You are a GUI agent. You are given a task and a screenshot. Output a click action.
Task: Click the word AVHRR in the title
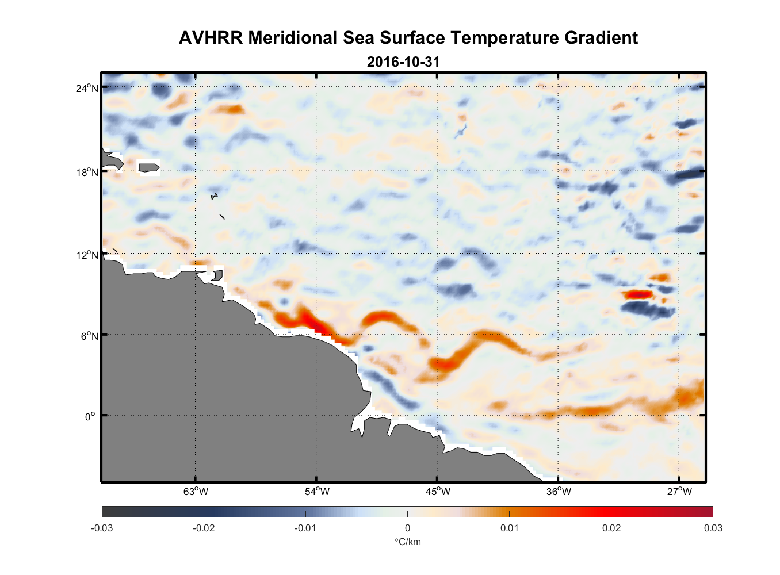[211, 38]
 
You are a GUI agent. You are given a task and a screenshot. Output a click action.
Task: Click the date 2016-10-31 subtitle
[403, 62]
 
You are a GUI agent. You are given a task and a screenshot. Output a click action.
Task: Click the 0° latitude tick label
[90, 417]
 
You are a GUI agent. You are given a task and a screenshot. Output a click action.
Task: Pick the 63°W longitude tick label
[196, 492]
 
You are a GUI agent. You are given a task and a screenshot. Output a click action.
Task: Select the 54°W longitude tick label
[317, 492]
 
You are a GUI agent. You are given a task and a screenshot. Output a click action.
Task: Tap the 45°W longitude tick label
[438, 492]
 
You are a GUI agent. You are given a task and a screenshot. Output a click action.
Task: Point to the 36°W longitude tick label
[559, 492]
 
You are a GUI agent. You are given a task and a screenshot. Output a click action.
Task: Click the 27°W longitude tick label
[679, 492]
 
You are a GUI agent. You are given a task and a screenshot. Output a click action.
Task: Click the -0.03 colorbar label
[102, 528]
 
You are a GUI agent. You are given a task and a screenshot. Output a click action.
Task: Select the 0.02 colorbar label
[611, 528]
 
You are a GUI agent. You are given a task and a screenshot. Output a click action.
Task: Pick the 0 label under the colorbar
[407, 528]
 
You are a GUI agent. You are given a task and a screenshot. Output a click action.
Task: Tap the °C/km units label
[407, 542]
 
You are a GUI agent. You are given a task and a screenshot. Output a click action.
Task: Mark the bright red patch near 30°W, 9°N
[638, 294]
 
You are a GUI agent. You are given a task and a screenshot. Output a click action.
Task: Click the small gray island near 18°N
[148, 167]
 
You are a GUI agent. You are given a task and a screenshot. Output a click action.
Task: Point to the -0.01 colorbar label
[305, 528]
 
